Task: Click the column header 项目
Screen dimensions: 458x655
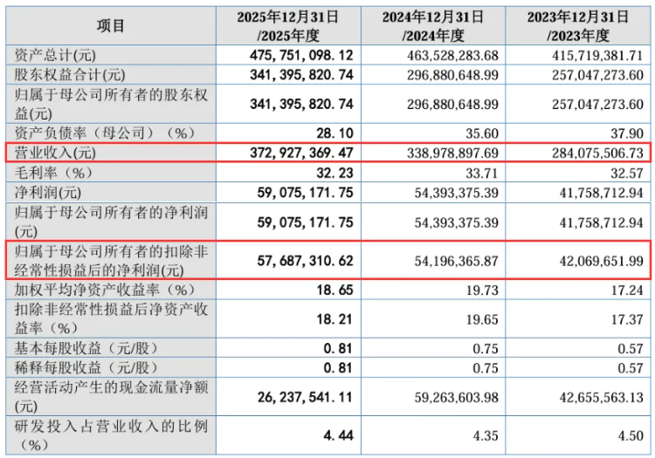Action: click(110, 27)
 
